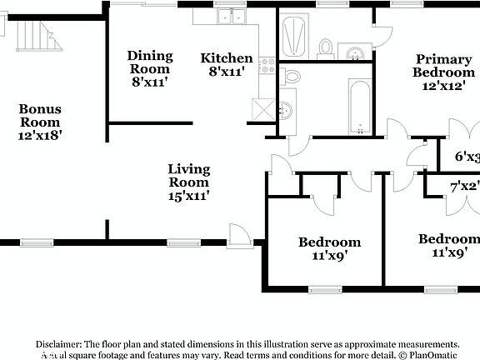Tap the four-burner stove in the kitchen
click(267, 64)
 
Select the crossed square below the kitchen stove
click(266, 108)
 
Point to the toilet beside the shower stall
click(326, 47)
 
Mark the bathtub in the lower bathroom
click(359, 107)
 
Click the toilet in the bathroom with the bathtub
click(291, 77)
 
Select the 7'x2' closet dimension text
click(464, 187)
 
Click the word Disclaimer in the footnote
click(58, 344)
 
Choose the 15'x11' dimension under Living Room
click(188, 196)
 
